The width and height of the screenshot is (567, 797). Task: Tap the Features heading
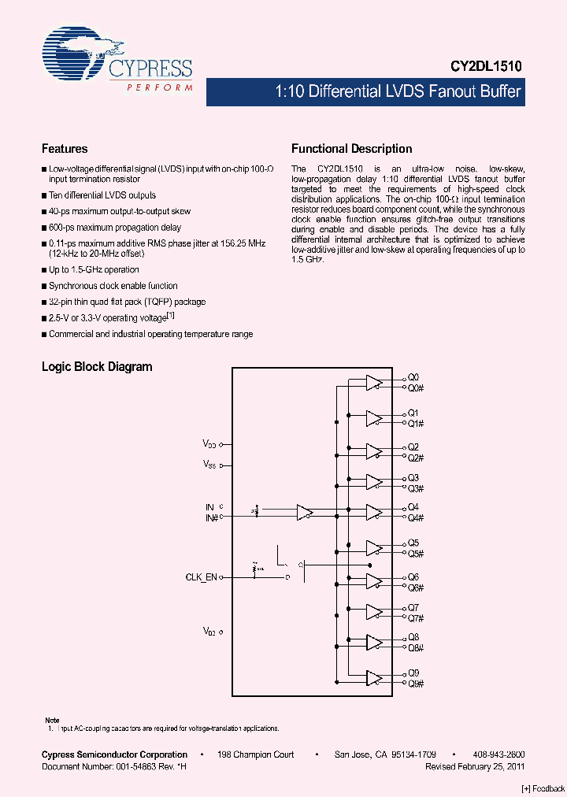(x=65, y=149)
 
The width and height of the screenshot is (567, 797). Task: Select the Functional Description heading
(x=351, y=149)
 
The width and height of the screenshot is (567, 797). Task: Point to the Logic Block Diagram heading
(x=97, y=367)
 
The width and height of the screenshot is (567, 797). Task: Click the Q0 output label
(x=413, y=378)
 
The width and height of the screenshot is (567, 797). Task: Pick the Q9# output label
(x=416, y=684)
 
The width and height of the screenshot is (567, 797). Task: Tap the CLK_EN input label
(x=201, y=577)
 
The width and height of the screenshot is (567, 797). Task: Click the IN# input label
(x=210, y=517)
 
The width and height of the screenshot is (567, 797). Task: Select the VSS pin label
(x=209, y=465)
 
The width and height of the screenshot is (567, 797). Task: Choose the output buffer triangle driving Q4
(x=373, y=512)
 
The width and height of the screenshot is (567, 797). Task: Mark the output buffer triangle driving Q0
(x=373, y=383)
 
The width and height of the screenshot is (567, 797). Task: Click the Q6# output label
(x=416, y=588)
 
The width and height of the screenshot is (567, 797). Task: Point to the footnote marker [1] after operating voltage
(x=170, y=316)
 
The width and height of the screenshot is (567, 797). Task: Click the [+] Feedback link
(x=543, y=788)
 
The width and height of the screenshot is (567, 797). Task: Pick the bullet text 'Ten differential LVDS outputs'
(x=102, y=195)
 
